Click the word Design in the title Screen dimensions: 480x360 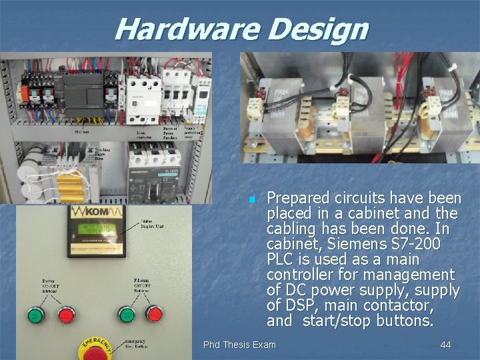point(318,29)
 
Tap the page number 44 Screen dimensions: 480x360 point(446,345)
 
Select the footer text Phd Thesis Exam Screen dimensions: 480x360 point(239,345)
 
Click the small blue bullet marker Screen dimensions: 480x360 point(252,199)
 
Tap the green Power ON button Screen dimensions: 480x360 point(35,313)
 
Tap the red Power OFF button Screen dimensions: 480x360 point(66,313)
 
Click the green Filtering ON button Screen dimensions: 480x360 point(125,313)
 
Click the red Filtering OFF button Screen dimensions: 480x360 point(155,313)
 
